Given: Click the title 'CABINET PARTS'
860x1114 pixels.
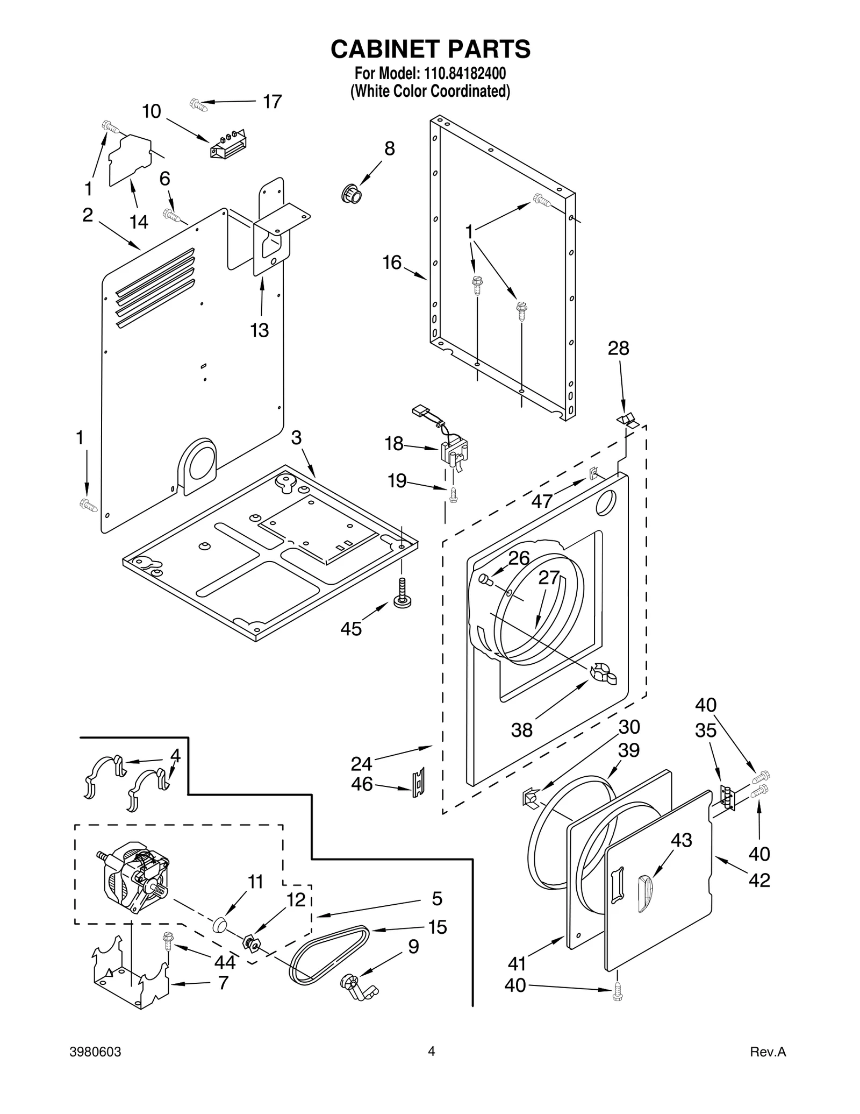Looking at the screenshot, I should click(430, 49).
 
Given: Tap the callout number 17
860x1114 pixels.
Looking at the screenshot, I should click(272, 101).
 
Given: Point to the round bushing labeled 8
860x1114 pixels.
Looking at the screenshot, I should click(352, 193).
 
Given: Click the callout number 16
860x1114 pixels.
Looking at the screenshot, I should click(392, 262).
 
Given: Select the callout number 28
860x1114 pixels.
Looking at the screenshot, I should click(618, 349).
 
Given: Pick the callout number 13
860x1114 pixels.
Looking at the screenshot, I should click(259, 330).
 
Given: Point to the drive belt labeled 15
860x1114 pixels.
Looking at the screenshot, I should click(328, 955).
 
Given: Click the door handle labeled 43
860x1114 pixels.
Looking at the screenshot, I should click(644, 894).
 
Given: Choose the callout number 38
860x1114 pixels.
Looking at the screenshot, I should click(521, 730).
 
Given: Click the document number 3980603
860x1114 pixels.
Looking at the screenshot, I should click(95, 1067).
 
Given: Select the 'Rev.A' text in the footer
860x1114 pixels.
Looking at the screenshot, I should click(768, 1067).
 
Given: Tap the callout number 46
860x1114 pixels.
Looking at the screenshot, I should click(362, 784).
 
